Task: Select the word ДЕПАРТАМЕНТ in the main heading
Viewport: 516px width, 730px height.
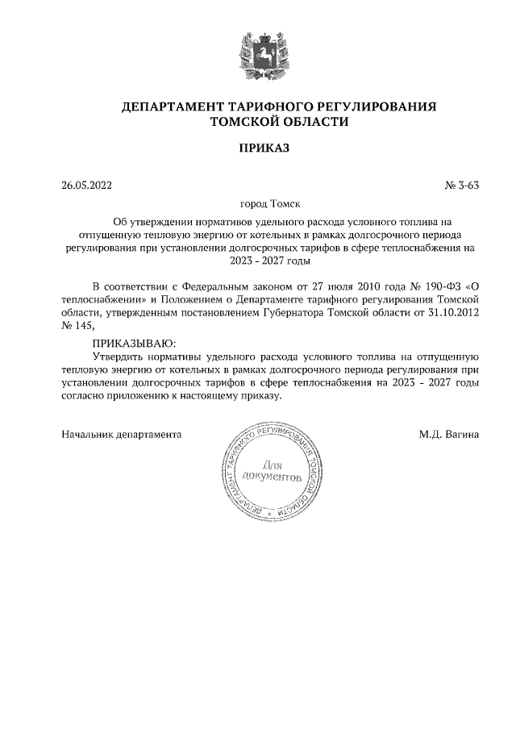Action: point(170,106)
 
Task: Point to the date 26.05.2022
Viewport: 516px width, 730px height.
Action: point(87,185)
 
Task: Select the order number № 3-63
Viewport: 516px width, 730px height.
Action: point(462,185)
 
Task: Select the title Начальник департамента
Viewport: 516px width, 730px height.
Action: point(122,434)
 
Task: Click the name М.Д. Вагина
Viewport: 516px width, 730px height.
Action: point(449,434)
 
